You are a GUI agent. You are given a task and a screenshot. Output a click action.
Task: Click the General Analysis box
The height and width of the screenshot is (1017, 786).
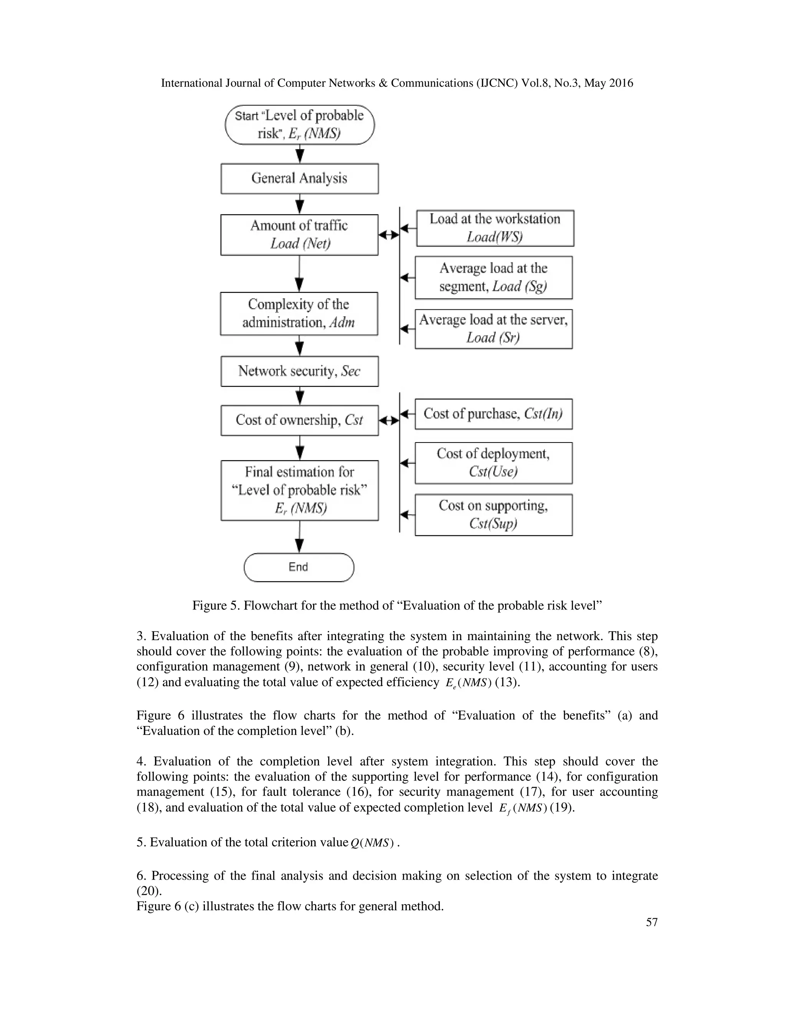point(299,178)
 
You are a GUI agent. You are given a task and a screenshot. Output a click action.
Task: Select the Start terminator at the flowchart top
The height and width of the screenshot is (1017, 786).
point(299,124)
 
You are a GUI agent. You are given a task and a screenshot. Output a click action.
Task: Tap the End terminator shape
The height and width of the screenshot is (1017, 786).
point(299,567)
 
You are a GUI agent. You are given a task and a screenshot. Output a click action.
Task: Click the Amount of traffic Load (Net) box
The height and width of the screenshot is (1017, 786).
point(299,235)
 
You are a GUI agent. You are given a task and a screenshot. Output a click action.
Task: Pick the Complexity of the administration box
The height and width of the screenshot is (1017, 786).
point(299,314)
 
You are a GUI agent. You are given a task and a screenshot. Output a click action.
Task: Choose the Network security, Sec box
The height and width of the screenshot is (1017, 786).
point(299,371)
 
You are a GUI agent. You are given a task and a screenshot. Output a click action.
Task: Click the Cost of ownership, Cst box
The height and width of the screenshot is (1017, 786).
point(299,420)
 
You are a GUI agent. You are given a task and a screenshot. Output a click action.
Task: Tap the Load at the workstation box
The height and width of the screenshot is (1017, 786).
point(495,228)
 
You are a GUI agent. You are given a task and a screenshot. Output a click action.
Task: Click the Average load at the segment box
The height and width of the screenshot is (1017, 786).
point(494,277)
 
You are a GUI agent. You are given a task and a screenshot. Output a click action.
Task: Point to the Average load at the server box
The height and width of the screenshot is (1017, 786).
point(494,329)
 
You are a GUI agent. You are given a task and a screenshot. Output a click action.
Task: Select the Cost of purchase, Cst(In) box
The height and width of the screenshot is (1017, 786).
point(494,414)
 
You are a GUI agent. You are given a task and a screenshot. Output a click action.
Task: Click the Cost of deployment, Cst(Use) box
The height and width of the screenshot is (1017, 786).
point(494,463)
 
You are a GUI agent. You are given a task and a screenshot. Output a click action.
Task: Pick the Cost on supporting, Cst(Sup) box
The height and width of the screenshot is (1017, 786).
point(494,515)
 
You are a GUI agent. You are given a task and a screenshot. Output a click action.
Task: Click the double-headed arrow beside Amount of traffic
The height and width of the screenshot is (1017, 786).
point(389,235)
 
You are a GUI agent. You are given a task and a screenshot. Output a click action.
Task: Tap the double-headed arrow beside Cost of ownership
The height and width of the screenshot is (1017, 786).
point(389,421)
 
